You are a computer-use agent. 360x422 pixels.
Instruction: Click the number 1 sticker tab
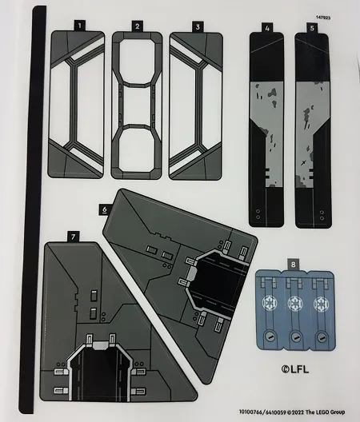click(x=79, y=26)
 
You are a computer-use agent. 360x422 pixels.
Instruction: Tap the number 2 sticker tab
click(x=138, y=26)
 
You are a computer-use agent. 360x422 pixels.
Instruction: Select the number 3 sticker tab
click(x=198, y=27)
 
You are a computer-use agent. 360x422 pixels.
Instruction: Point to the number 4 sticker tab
click(x=267, y=28)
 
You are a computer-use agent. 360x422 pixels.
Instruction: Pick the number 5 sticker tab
click(x=312, y=28)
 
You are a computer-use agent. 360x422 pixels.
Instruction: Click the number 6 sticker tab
click(x=105, y=209)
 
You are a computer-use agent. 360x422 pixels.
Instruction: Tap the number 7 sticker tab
click(x=73, y=237)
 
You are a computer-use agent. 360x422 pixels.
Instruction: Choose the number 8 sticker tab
click(x=293, y=265)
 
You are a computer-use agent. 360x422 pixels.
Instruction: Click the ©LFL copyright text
click(x=295, y=369)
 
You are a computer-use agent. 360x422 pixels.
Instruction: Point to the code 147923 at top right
click(x=323, y=18)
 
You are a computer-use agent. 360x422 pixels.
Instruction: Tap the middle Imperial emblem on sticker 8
click(x=295, y=304)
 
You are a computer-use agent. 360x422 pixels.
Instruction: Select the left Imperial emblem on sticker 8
click(x=270, y=304)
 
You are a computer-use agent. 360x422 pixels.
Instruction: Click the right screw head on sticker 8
click(x=321, y=337)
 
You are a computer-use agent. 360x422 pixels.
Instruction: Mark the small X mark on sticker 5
click(x=303, y=162)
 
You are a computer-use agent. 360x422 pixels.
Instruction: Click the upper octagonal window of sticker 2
click(x=138, y=62)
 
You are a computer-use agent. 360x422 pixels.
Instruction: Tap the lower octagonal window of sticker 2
click(x=136, y=149)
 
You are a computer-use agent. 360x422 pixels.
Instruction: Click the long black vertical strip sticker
click(x=32, y=210)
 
